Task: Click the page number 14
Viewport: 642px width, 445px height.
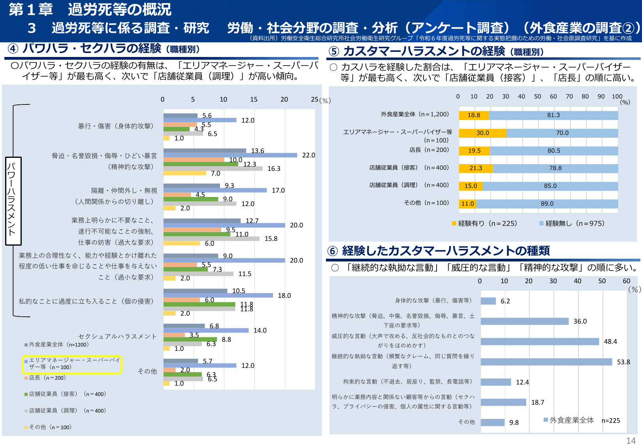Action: click(x=631, y=441)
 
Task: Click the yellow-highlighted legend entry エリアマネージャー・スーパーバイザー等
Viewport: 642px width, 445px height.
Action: click(x=72, y=364)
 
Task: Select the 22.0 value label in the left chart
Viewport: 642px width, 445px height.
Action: click(x=309, y=155)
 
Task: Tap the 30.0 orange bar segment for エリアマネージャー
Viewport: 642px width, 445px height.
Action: click(x=482, y=133)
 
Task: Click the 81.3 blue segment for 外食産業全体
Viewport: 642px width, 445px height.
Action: click(x=553, y=115)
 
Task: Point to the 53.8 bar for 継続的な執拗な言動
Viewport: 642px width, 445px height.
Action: click(x=546, y=362)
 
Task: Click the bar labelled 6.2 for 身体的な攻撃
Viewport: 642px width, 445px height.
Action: click(x=488, y=301)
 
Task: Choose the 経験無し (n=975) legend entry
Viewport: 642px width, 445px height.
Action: click(x=572, y=223)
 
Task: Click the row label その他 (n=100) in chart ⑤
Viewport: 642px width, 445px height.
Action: click(x=426, y=203)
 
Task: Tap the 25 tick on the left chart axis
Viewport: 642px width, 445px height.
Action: click(x=314, y=99)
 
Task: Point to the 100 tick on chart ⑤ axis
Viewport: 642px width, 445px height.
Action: click(x=617, y=97)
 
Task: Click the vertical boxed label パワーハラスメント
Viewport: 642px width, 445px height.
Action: click(x=13, y=201)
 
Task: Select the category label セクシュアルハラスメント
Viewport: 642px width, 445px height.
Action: click(x=117, y=336)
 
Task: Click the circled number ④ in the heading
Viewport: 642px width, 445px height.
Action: click(x=13, y=49)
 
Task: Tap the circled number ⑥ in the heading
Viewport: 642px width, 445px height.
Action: click(x=333, y=251)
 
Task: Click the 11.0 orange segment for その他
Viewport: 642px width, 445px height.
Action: click(x=467, y=204)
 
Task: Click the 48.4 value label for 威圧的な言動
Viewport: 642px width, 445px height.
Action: click(x=610, y=341)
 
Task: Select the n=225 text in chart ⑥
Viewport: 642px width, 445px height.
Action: click(x=610, y=420)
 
